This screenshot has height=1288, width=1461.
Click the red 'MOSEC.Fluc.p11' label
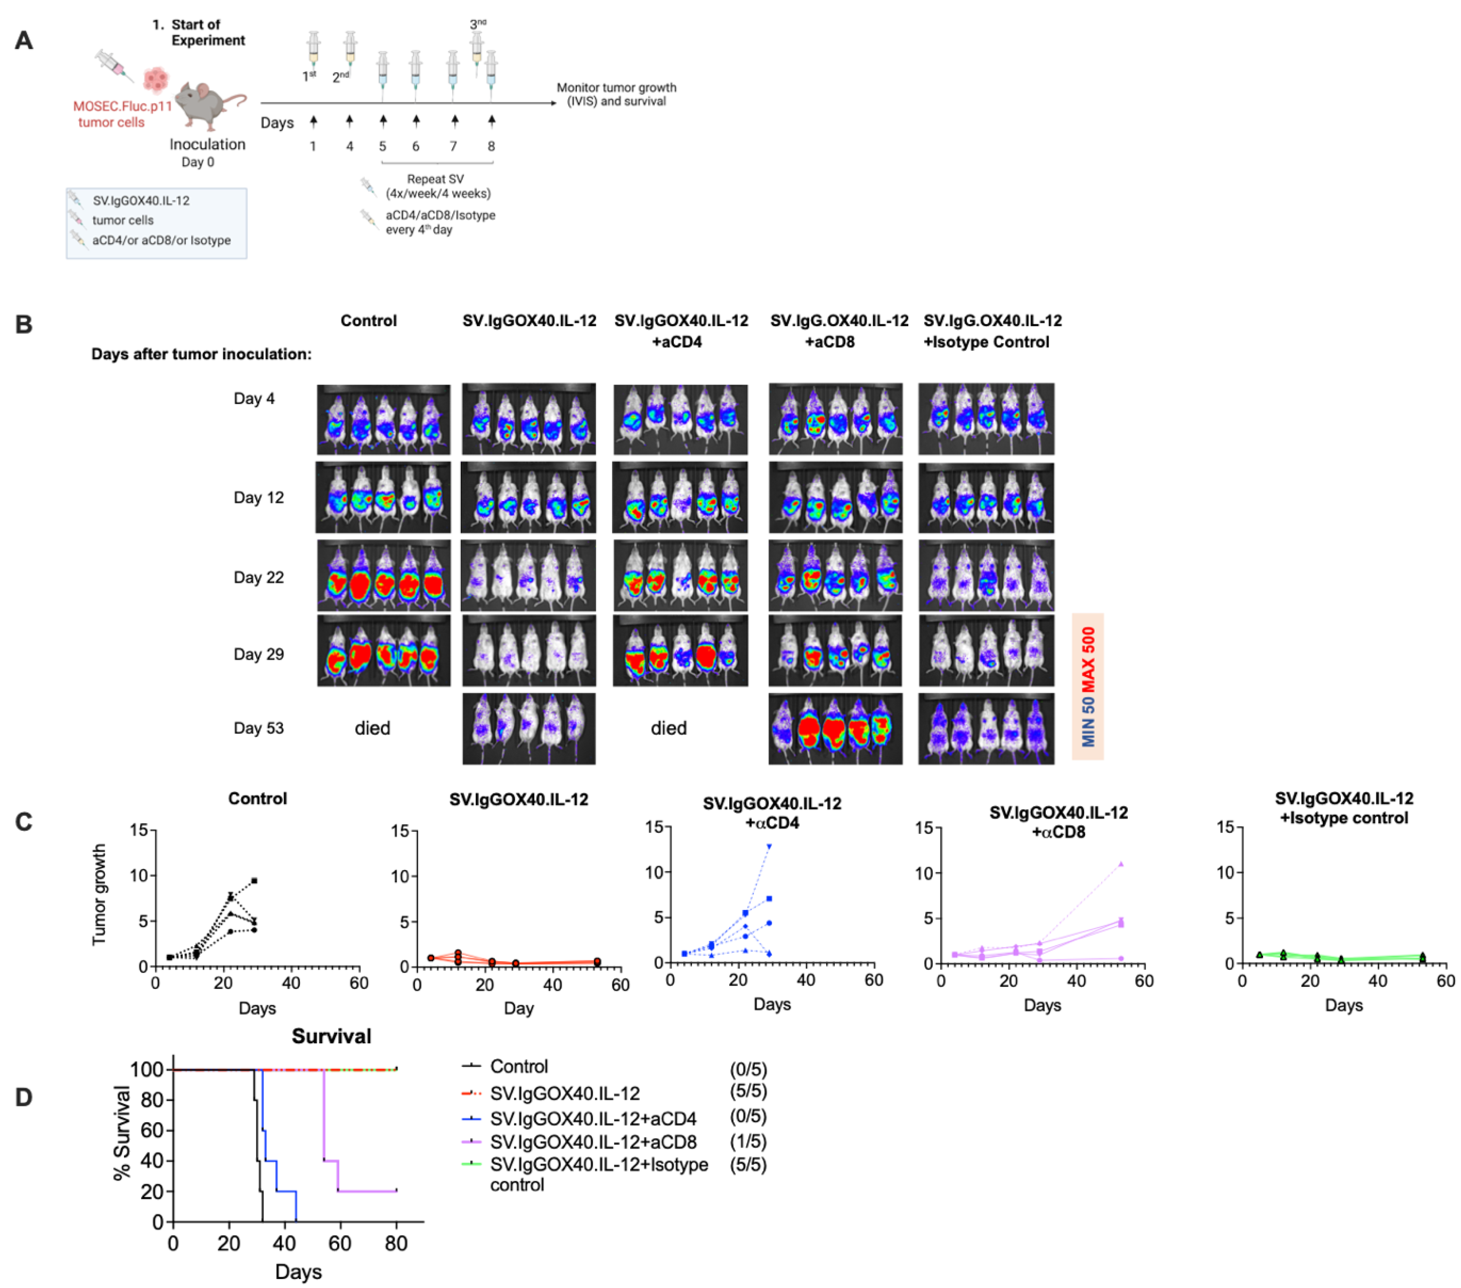click(122, 106)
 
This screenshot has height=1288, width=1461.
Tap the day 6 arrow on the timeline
click(416, 122)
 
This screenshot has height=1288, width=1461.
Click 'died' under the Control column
click(372, 728)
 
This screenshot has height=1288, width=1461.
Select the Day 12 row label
click(259, 498)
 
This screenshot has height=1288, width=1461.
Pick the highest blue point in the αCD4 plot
click(769, 847)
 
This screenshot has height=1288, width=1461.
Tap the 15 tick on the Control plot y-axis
click(138, 830)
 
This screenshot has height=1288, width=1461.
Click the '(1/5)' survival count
click(748, 1141)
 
